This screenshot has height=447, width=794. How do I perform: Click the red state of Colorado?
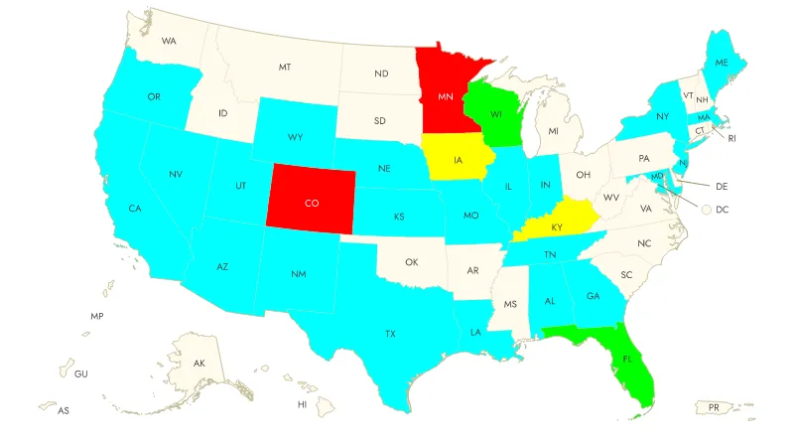[x=312, y=202]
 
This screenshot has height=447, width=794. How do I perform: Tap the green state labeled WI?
[x=495, y=115]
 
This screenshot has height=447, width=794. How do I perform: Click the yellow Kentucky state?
[x=558, y=226]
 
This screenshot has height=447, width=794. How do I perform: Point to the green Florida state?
[x=627, y=356]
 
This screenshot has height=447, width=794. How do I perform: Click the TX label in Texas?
[x=390, y=334]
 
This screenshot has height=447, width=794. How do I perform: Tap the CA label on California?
[x=134, y=209]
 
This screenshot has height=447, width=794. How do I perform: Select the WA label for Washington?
[x=169, y=41]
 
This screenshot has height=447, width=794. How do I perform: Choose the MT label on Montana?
[x=285, y=67]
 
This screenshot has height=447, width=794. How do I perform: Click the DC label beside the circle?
[x=723, y=210]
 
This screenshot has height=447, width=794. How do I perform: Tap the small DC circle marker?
[x=706, y=210]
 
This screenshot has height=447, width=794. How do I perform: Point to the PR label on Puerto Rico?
[x=713, y=406]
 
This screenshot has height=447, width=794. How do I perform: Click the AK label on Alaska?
[x=198, y=364]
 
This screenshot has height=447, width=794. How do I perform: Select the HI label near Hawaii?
[x=302, y=404]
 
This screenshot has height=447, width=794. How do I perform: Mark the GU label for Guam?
[x=80, y=373]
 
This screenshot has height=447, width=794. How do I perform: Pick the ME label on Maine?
[x=722, y=62]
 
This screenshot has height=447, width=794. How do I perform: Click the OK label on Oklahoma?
[x=412, y=262]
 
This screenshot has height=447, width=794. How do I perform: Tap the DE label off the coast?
[x=723, y=186]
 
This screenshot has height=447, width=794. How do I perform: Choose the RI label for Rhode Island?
[x=732, y=138]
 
